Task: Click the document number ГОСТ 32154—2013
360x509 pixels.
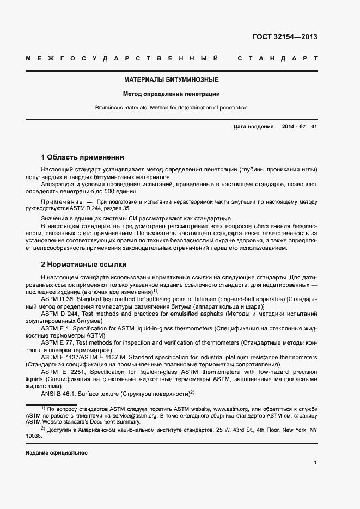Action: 285,37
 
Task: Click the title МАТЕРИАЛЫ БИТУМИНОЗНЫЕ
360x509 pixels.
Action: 171,79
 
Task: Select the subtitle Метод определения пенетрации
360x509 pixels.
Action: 171,94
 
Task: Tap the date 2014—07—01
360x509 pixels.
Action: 297,127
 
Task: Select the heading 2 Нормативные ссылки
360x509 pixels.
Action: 84,265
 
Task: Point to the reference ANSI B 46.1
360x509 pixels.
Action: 60,393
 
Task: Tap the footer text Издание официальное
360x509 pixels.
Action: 57,452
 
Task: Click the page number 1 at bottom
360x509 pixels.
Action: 315,463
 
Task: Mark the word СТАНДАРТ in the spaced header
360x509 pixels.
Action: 278,58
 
